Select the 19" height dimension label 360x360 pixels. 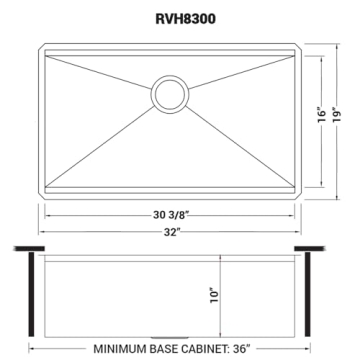click(344, 117)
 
